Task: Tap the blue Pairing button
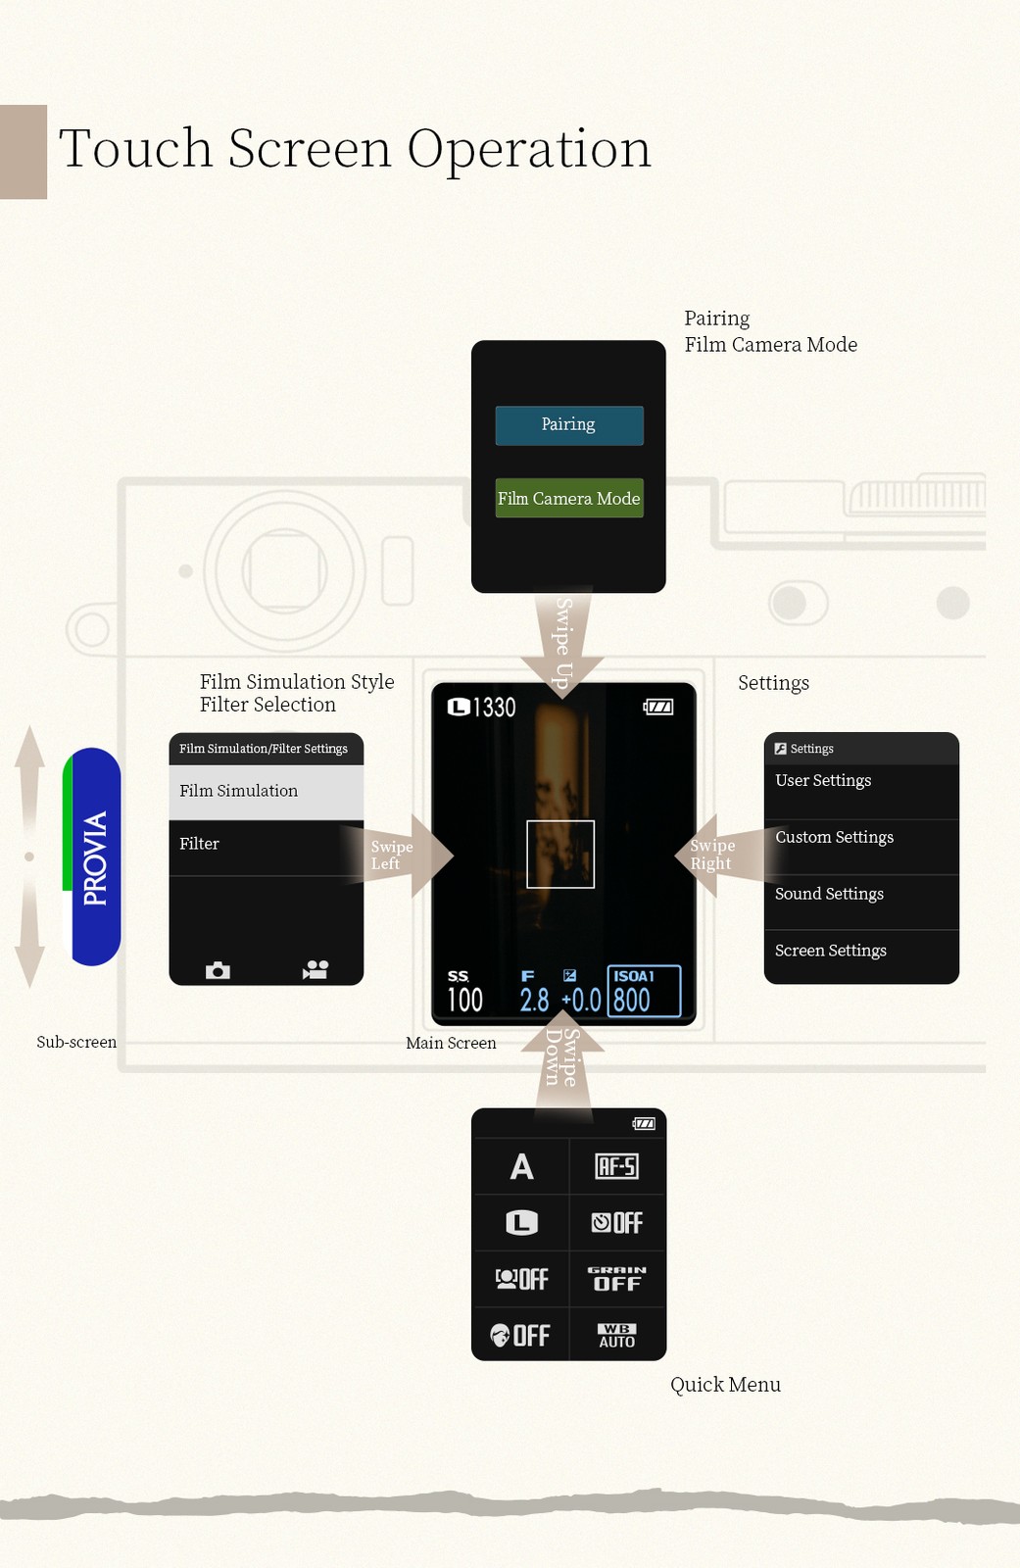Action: click(569, 425)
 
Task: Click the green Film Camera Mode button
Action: click(569, 498)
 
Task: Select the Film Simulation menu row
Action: click(266, 792)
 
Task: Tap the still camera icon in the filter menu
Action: click(218, 970)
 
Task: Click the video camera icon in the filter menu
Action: click(316, 970)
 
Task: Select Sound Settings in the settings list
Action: click(860, 895)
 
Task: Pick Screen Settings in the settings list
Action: click(860, 952)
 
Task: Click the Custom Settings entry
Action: click(860, 838)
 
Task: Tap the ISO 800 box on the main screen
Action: click(644, 991)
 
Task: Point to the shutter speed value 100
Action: click(465, 1000)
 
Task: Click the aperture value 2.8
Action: click(534, 1000)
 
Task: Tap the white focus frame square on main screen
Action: click(560, 854)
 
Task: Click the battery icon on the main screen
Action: click(658, 707)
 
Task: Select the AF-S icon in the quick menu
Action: click(617, 1166)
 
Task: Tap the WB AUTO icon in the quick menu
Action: click(617, 1336)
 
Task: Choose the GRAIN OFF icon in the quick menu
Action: click(617, 1279)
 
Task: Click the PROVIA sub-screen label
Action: click(94, 857)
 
